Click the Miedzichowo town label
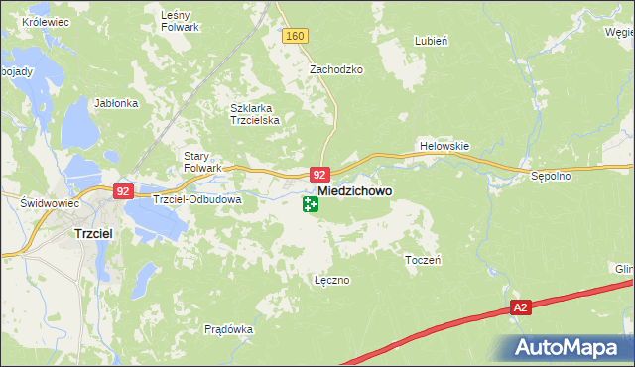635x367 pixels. click(354, 190)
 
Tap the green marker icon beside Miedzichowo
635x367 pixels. click(311, 205)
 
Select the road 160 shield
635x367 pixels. click(294, 36)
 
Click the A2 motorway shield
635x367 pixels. click(522, 308)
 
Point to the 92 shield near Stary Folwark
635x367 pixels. click(123, 190)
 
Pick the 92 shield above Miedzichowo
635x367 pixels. click(318, 173)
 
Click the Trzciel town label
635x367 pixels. click(97, 233)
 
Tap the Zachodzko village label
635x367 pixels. click(336, 70)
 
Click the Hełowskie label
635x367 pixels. click(444, 145)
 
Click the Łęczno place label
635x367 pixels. click(331, 280)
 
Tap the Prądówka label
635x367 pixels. click(229, 329)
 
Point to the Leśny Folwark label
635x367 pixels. click(182, 22)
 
